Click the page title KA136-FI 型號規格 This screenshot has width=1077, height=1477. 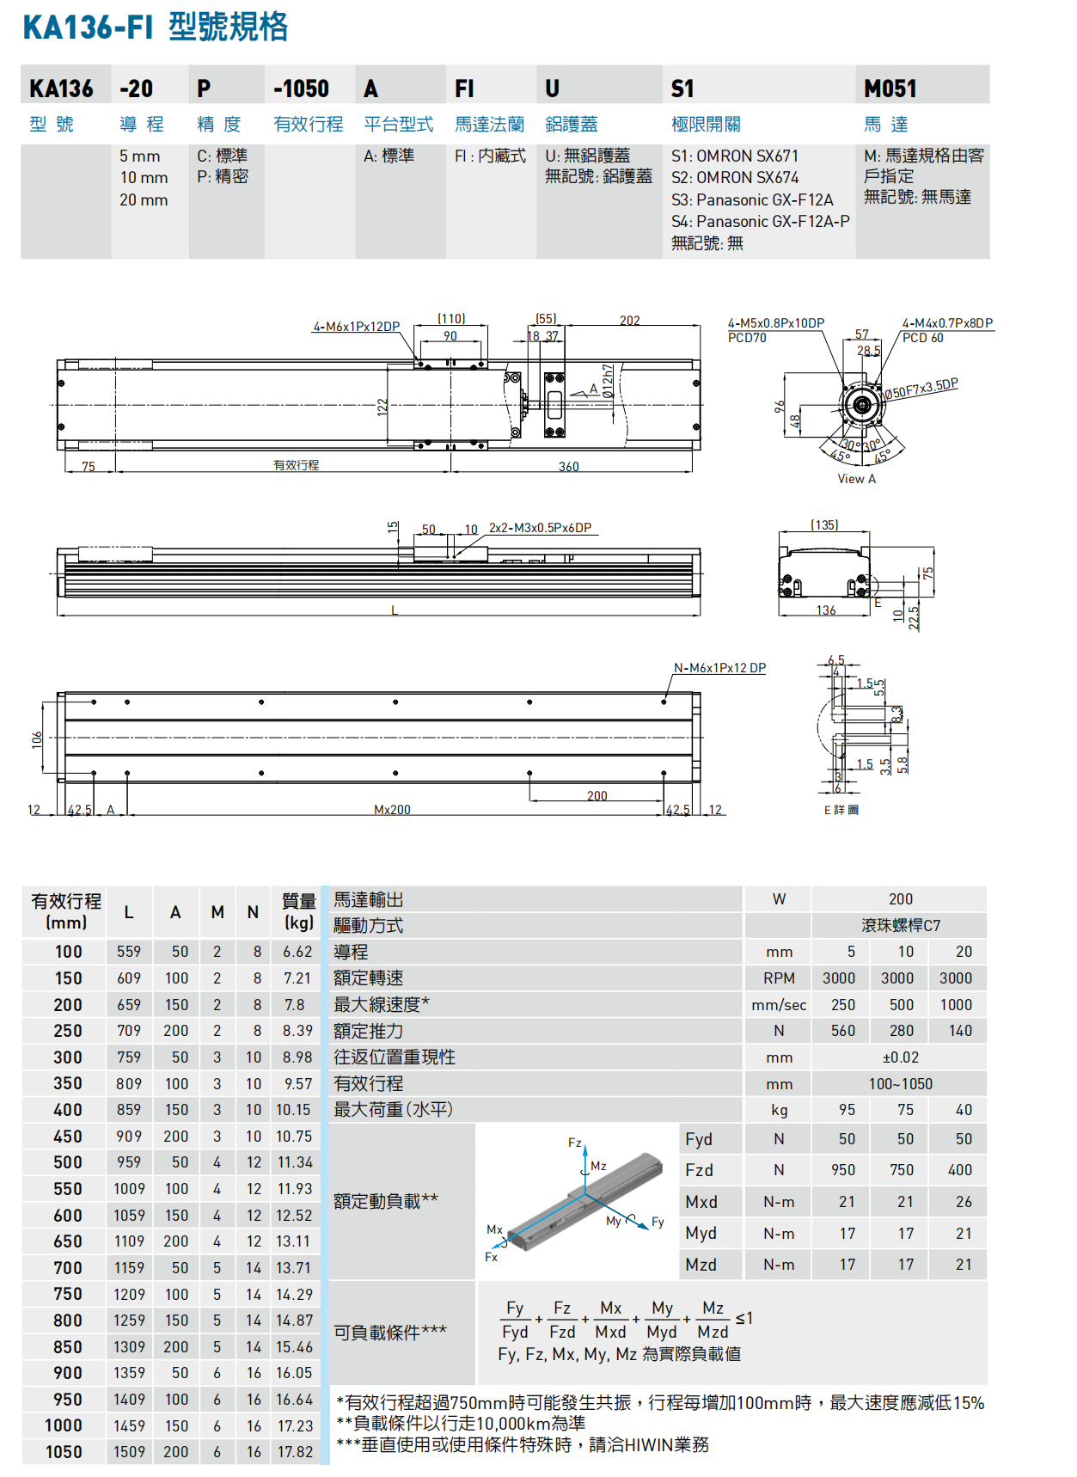coord(155,27)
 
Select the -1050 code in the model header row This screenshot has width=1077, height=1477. coord(301,89)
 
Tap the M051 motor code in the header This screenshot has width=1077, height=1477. coord(890,89)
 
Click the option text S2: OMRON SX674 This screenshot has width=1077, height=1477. coord(735,178)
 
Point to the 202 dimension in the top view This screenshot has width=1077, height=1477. coord(629,320)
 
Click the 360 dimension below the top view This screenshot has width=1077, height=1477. coord(568,467)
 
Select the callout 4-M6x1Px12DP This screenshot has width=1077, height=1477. coord(356,327)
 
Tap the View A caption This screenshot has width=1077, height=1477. coord(856,479)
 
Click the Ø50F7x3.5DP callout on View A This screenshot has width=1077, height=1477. coord(921,389)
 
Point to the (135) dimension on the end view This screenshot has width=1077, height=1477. coord(824,524)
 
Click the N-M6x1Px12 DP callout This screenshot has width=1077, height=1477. coord(719,668)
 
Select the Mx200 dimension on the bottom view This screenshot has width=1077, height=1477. coord(392,810)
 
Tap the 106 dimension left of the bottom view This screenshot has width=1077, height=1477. coord(37,739)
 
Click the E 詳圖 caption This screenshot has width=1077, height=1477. coord(841,810)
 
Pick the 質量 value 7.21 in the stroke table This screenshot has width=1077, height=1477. coord(297,978)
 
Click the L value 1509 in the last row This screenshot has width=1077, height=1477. coord(129,1452)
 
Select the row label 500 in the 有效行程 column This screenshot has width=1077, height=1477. coord(68,1162)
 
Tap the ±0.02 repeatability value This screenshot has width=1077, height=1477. coord(900,1057)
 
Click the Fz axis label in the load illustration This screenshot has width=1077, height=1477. coord(574,1143)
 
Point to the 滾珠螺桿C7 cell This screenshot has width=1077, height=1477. coord(900,926)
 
